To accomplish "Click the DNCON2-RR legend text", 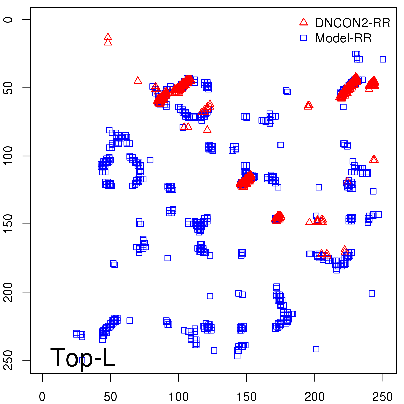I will point(352,23).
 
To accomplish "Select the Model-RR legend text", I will point(343,38).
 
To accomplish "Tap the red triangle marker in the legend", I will point(304,22).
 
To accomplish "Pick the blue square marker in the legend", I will point(304,38).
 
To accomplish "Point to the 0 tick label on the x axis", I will point(42,397).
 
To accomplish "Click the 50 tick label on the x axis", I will point(110,397).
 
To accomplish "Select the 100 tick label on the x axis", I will point(179,397).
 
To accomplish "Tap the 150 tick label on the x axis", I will point(246,397).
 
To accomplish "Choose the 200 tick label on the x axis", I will point(315,397).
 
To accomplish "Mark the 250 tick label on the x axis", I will point(383,397).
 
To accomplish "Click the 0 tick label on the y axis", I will point(8,20).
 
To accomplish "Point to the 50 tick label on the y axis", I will point(8,88).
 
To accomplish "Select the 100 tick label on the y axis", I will point(8,156).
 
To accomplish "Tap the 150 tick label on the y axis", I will point(8,224).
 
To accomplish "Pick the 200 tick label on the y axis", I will point(8,292).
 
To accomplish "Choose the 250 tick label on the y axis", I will point(8,360).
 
